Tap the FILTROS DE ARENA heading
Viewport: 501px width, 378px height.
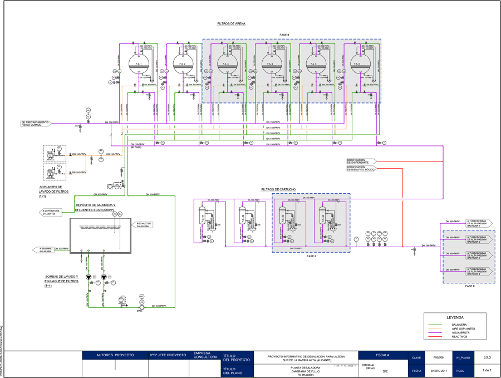231,23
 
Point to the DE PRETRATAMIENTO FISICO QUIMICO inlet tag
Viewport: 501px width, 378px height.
36,123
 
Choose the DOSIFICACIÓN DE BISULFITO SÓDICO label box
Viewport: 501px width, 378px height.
361,168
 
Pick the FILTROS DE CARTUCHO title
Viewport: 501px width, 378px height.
278,189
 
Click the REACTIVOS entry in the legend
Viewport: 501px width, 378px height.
460,337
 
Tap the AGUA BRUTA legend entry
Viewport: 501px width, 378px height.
460,332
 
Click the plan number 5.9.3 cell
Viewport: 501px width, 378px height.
487,357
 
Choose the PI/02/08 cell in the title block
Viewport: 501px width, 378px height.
438,357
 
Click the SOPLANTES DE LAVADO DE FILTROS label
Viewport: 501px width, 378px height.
54,190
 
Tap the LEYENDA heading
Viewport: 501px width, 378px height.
455,317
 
